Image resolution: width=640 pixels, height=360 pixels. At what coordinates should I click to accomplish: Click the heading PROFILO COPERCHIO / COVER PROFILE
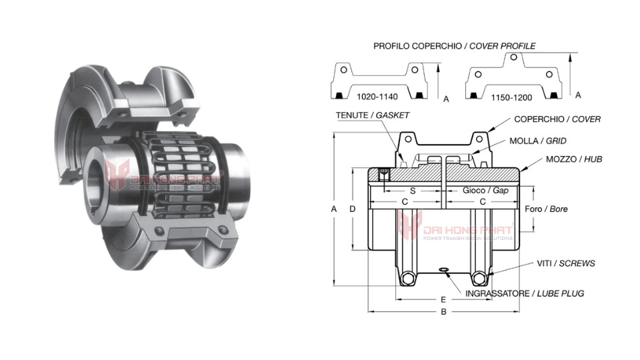(454, 46)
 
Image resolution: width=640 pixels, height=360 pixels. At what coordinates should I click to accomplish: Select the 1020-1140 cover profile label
(379, 97)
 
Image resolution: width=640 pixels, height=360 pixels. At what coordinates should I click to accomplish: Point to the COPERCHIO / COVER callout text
(557, 119)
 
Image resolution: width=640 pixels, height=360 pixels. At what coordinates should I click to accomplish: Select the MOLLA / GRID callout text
(537, 141)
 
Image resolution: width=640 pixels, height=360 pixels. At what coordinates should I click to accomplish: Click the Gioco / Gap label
(485, 191)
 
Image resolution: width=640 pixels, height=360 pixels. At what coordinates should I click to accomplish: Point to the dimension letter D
(353, 209)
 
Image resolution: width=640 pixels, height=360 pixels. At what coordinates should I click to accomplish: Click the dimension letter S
(413, 191)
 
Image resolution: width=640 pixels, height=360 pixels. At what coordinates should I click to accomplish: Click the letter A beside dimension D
(334, 209)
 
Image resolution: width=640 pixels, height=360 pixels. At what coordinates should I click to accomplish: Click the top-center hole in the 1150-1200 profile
(513, 57)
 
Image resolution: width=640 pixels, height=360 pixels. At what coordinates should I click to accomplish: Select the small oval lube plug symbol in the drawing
(444, 270)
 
